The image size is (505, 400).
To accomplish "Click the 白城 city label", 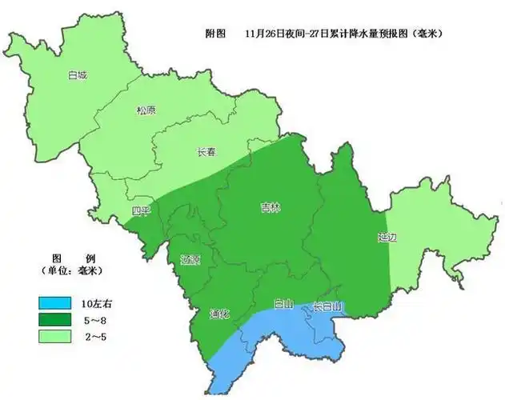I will (77, 76).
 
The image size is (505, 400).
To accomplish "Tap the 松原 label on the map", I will (146, 112).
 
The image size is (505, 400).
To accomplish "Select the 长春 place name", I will (206, 152).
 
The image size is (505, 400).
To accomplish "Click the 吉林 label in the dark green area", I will (271, 206).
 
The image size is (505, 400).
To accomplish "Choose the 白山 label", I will (283, 304).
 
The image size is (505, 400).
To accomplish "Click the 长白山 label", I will (327, 306).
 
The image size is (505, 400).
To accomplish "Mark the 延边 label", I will (388, 238).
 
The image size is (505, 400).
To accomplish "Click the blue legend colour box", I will (56, 304).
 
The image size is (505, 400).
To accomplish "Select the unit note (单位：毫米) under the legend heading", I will (74, 272).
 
